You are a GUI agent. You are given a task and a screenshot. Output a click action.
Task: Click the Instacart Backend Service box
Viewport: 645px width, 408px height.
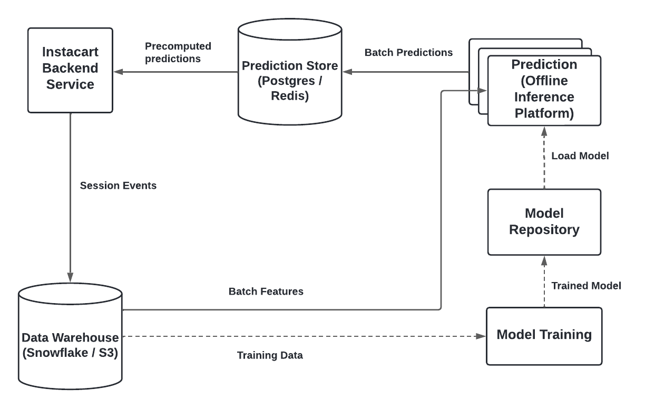[x=70, y=70]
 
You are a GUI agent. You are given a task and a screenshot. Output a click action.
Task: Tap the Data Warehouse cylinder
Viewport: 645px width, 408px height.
[x=70, y=337]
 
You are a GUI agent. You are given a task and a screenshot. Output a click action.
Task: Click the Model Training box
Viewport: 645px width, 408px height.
[x=544, y=335]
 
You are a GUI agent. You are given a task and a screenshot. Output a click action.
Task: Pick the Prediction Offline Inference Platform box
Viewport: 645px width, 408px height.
[x=544, y=90]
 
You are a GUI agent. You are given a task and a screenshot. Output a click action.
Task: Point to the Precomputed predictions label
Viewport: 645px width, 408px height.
[x=173, y=52]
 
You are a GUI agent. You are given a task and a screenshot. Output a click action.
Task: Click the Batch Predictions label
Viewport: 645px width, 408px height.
[x=408, y=52]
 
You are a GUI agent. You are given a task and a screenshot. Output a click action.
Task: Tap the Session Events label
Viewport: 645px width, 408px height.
[x=118, y=186]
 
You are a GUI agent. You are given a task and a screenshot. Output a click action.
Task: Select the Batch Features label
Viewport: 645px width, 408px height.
[x=266, y=291]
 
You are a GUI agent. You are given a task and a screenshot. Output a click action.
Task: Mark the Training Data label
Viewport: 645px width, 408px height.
[x=269, y=355]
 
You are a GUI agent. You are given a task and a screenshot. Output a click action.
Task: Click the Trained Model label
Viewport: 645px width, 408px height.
[x=586, y=286]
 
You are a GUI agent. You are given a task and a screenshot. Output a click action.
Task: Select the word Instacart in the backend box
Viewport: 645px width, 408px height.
[x=70, y=54]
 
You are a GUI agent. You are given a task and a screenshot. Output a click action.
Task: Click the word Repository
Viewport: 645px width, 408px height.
[x=544, y=229]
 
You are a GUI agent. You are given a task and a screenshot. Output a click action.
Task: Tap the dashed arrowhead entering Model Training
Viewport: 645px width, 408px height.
[x=481, y=335]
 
